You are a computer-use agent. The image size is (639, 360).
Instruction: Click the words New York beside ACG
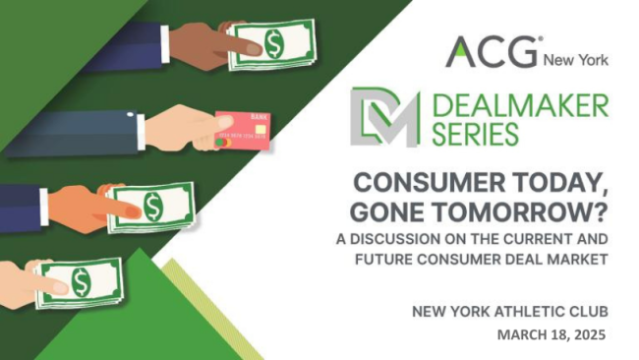pyautogui.click(x=577, y=58)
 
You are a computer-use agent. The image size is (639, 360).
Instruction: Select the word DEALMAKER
pyautogui.click(x=517, y=104)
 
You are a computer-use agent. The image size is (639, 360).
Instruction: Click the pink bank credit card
pyautogui.click(x=241, y=129)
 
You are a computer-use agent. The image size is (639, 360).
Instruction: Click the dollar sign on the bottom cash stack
pyautogui.click(x=80, y=282)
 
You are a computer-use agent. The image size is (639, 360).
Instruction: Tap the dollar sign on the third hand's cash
pyautogui.click(x=153, y=207)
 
